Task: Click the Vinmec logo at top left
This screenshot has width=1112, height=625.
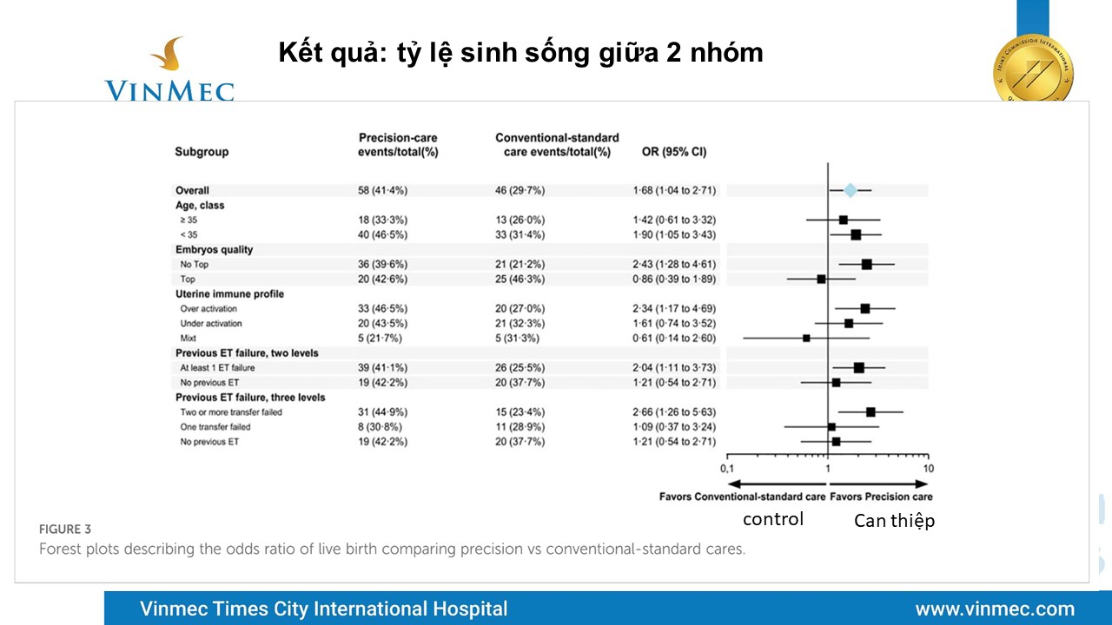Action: pyautogui.click(x=169, y=69)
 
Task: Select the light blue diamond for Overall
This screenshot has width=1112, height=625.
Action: pyautogui.click(x=850, y=190)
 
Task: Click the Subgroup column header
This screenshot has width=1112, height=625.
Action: pyautogui.click(x=202, y=152)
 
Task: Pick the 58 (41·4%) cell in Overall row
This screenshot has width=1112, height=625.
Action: pyautogui.click(x=383, y=190)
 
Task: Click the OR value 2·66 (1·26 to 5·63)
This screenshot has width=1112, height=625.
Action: pyautogui.click(x=674, y=411)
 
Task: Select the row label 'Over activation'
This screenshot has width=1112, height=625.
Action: pyautogui.click(x=208, y=308)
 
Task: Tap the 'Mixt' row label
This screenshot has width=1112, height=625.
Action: pyautogui.click(x=188, y=338)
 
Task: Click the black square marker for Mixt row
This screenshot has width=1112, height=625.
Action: pyautogui.click(x=806, y=338)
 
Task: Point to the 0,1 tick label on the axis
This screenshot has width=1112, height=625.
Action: pyautogui.click(x=727, y=469)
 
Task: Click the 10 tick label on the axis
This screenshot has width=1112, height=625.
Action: pyautogui.click(x=928, y=469)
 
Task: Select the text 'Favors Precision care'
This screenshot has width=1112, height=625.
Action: pyautogui.click(x=881, y=497)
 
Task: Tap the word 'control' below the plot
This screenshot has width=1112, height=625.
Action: pyautogui.click(x=772, y=519)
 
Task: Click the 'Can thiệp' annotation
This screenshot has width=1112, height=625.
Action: pyautogui.click(x=894, y=521)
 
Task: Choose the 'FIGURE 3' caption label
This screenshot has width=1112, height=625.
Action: pyautogui.click(x=65, y=529)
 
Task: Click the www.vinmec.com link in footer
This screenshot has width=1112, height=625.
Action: pyautogui.click(x=995, y=609)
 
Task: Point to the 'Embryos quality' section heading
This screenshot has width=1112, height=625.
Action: pyautogui.click(x=214, y=249)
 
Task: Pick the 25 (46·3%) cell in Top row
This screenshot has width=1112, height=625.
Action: pyautogui.click(x=514, y=279)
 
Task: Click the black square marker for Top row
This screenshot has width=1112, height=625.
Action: pyautogui.click(x=821, y=279)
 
